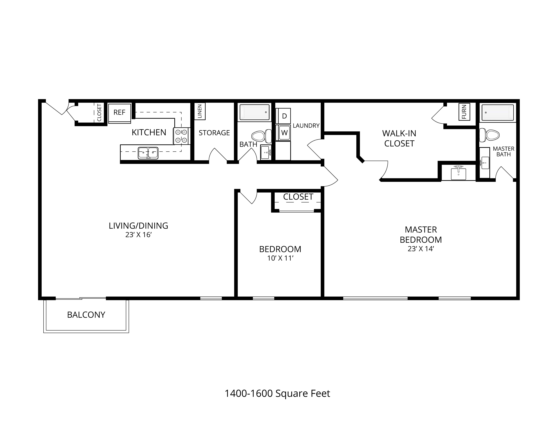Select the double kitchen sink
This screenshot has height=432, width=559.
click(x=148, y=153)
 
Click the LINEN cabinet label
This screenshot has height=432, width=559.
click(x=200, y=111)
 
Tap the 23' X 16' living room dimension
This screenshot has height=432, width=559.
click(x=138, y=235)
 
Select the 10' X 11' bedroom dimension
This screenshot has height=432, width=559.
click(x=280, y=258)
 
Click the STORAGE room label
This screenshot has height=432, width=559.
click(x=214, y=133)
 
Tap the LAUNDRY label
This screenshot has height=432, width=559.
click(x=306, y=126)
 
